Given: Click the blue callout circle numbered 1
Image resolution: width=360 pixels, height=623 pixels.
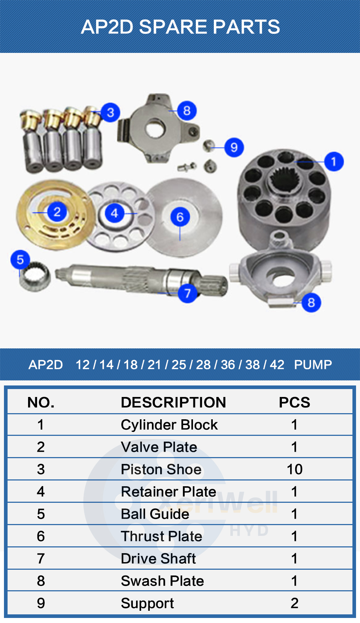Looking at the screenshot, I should click(334, 161).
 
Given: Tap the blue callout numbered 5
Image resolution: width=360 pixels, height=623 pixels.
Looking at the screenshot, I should click(20, 259).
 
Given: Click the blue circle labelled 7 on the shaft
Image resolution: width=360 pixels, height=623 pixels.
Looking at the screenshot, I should click(187, 293).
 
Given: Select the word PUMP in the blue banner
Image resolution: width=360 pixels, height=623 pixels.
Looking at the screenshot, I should click(312, 365).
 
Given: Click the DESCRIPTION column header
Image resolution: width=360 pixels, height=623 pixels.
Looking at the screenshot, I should click(173, 402).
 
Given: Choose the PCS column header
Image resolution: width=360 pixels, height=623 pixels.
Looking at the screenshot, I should click(294, 402).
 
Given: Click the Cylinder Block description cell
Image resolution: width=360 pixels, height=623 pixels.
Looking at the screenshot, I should click(169, 425).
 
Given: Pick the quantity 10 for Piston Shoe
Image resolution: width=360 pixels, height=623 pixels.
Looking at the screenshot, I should click(294, 469).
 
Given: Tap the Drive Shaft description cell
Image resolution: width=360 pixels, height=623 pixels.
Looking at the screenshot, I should click(158, 559).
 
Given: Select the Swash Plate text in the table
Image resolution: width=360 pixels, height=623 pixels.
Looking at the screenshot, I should click(162, 581).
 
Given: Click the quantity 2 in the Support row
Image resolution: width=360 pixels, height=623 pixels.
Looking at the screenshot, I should click(294, 603).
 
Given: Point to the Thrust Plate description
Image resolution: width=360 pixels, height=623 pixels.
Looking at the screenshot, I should click(161, 536).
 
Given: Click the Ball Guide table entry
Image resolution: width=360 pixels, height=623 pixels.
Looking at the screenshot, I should click(155, 514).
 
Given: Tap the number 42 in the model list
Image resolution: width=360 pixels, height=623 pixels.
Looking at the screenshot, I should click(277, 365).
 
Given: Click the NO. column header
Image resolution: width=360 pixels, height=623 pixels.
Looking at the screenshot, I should click(41, 402).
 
